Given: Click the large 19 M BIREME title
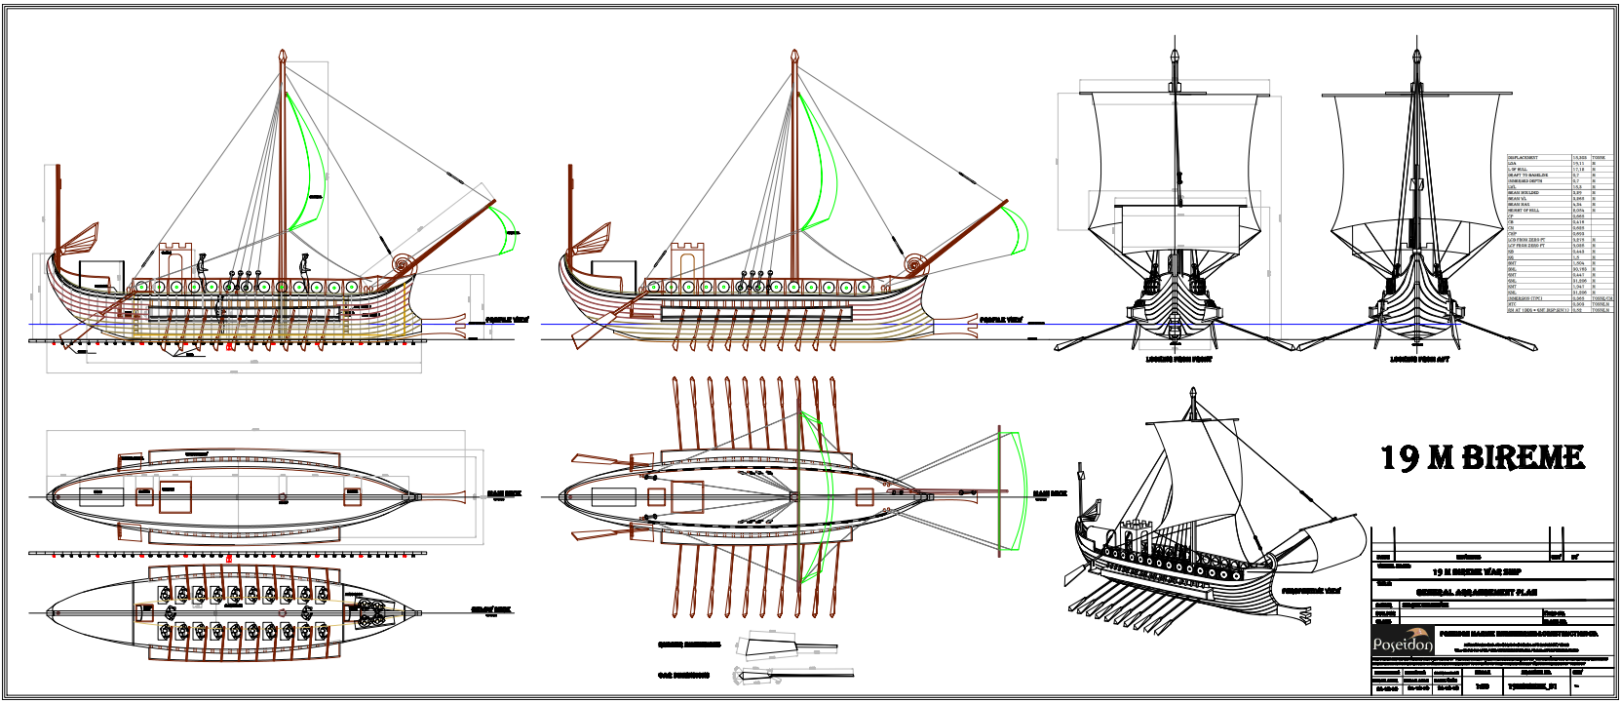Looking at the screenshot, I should point(1482,457).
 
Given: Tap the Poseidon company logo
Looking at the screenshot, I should point(1403,643).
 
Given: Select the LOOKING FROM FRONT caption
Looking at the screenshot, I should point(1177,360).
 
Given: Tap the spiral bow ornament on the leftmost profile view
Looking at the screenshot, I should point(401,263).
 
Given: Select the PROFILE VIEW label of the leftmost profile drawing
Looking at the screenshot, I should point(507,319).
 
